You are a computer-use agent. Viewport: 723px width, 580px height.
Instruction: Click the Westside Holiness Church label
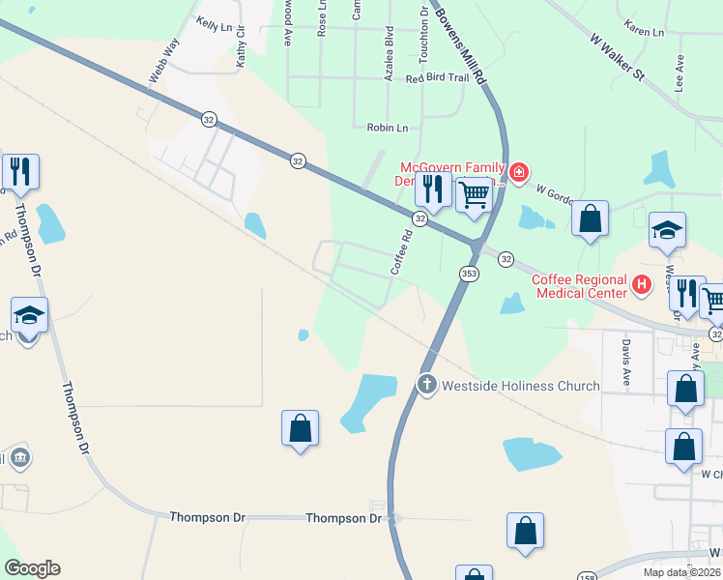click(x=520, y=386)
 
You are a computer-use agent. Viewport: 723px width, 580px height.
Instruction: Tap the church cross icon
click(x=426, y=385)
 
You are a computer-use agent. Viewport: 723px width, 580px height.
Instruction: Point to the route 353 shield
click(x=469, y=274)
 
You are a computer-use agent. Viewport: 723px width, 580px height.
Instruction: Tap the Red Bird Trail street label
click(x=444, y=79)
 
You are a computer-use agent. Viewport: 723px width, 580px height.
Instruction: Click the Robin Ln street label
click(x=388, y=127)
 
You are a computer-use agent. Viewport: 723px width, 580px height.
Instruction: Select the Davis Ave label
click(x=626, y=362)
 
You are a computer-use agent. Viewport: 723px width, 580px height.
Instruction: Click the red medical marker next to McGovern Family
click(x=518, y=172)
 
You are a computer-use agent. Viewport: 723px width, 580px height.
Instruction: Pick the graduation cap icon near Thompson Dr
click(x=29, y=315)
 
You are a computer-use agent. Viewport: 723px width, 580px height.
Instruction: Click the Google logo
click(x=32, y=568)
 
